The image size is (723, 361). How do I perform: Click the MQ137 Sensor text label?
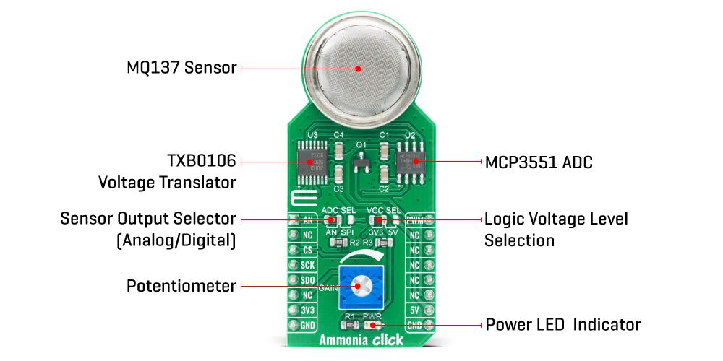[x=181, y=69]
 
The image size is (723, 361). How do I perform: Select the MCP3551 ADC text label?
[x=539, y=162]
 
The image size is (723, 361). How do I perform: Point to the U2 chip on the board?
[x=410, y=160]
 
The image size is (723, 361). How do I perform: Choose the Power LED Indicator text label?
[x=562, y=324]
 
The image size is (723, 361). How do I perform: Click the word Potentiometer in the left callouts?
[x=181, y=286]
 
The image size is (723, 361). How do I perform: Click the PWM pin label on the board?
[x=414, y=219]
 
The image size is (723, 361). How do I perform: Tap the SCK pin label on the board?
[x=307, y=264]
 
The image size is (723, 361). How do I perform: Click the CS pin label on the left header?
[x=307, y=250]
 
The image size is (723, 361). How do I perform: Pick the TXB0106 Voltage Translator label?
[x=181, y=172]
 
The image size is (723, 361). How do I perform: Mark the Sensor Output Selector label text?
[x=147, y=229]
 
